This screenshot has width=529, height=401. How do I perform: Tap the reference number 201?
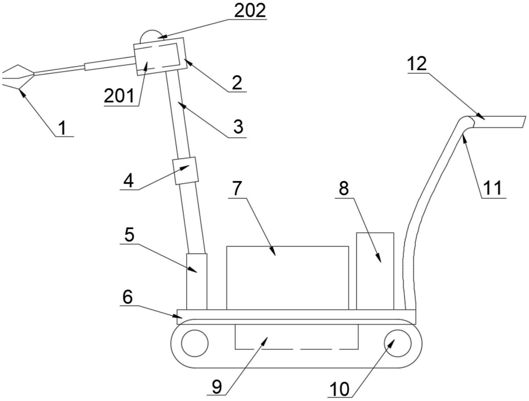[119, 96]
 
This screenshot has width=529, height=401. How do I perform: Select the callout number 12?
[417, 64]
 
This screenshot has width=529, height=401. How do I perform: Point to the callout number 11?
[493, 188]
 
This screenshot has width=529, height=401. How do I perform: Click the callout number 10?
[340, 389]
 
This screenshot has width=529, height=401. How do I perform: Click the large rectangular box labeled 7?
[288, 278]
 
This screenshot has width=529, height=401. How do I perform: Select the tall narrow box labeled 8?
[375, 271]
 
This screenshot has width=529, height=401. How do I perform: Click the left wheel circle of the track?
[195, 343]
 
